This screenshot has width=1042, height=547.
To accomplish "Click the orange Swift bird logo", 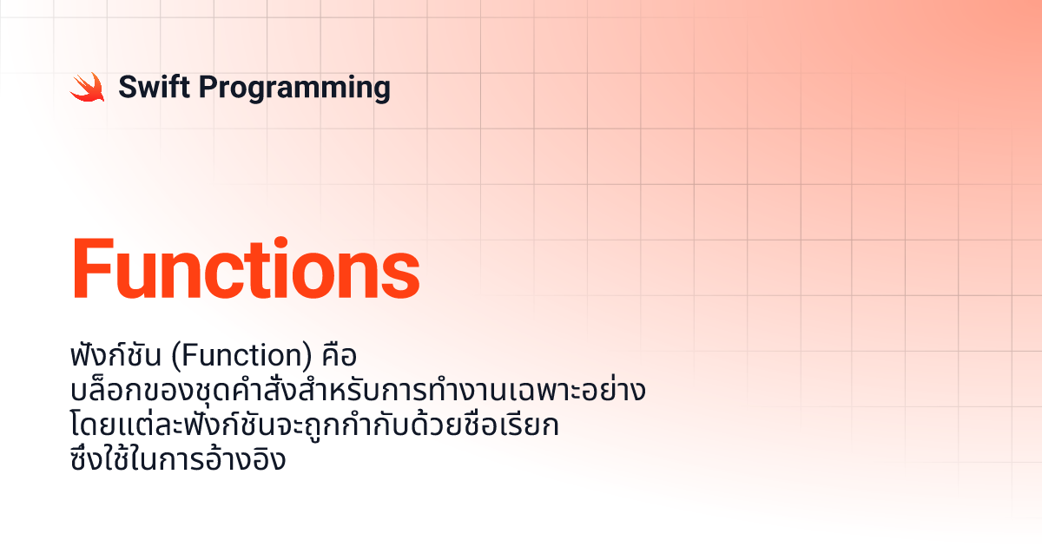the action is click(x=88, y=87).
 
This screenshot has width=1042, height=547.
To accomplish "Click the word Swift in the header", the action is click(x=154, y=87).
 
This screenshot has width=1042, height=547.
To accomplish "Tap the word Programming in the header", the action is click(x=294, y=89).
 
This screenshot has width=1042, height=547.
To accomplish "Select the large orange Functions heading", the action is click(x=246, y=268).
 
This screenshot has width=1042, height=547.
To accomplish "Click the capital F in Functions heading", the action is click(x=93, y=268).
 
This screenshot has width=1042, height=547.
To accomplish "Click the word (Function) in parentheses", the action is click(x=242, y=356).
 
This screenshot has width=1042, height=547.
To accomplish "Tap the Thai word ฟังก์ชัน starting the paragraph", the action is click(x=115, y=354).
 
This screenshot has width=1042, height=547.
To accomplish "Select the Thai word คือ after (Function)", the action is click(x=340, y=356).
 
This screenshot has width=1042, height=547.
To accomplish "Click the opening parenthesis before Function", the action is click(x=175, y=357).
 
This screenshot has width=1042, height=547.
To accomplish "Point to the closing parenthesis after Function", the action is click(x=308, y=357).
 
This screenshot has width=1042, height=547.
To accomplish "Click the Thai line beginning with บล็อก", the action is click(x=358, y=390).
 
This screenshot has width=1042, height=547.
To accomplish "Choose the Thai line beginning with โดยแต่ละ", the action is click(x=315, y=425).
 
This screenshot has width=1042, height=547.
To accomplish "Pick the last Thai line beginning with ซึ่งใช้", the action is click(x=178, y=459).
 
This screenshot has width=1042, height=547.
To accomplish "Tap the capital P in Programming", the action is click(x=209, y=87).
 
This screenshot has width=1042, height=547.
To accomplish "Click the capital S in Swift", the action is click(x=129, y=87).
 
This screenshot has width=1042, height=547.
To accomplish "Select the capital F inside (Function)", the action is click(x=188, y=356).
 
